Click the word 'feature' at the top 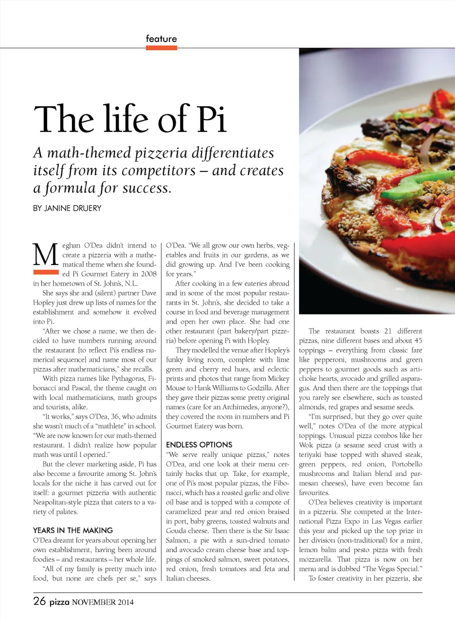point(161,39)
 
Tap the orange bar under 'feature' point(161,48)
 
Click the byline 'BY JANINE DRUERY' point(67,208)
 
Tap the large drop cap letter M point(46,254)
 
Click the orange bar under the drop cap point(46,272)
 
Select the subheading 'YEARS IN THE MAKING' point(73,530)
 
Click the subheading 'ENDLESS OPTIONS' point(199,445)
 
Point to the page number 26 point(40,601)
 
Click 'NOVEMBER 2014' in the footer point(103,602)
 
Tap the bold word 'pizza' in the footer point(59,602)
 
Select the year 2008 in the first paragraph point(148,274)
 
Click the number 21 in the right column point(388,331)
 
